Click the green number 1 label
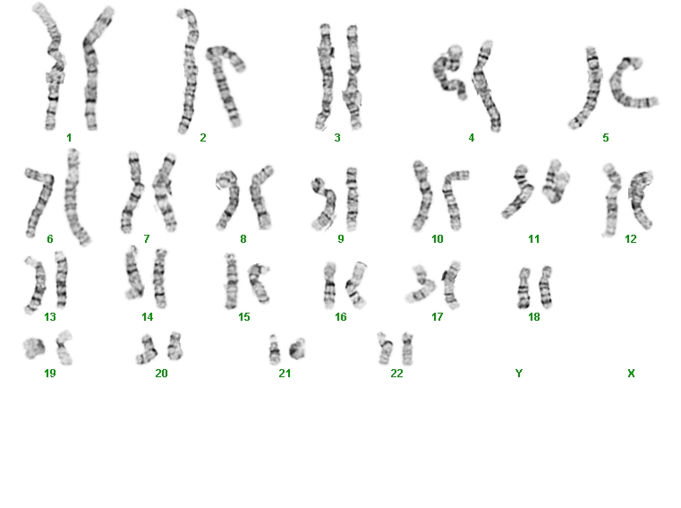click(69, 138)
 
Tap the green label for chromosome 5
click(606, 138)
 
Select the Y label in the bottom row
click(518, 374)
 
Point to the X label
click(631, 374)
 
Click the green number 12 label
click(631, 239)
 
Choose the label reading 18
click(533, 317)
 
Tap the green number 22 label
click(396, 374)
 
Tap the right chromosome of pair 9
click(353, 199)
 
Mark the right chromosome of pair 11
click(555, 183)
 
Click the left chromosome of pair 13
click(37, 285)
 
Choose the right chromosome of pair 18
click(545, 288)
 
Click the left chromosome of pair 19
click(33, 349)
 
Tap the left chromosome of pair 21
click(274, 349)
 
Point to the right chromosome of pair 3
click(353, 77)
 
